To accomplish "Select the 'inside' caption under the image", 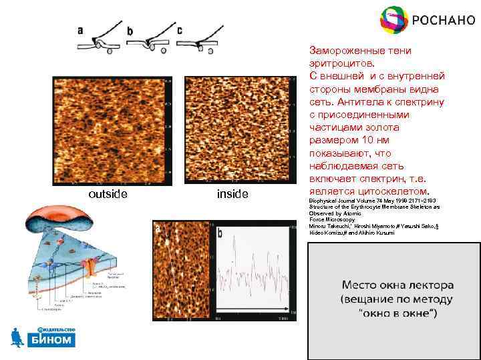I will pyautogui.click(x=232, y=194).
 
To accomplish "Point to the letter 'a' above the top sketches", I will pyautogui.click(x=80, y=30).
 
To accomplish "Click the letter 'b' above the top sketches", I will pyautogui.click(x=130, y=31).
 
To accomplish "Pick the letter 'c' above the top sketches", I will pyautogui.click(x=180, y=30).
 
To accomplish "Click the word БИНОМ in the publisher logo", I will pyautogui.click(x=52, y=340).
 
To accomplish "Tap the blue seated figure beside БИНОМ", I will pyautogui.click(x=18, y=337).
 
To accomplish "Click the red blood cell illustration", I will pyautogui.click(x=53, y=220).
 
